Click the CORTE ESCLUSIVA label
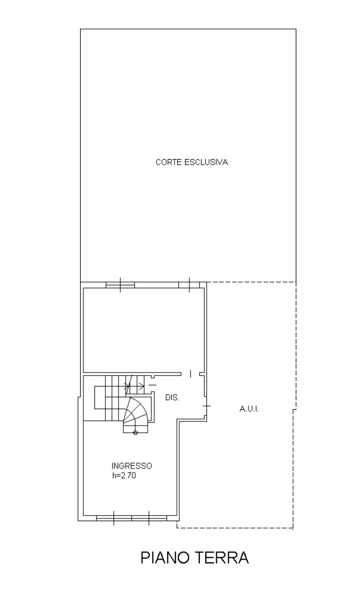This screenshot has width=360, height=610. tap(192, 162)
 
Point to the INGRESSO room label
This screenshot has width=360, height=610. tap(132, 466)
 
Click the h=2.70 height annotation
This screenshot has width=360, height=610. tap(124, 476)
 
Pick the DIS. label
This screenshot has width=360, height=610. tap(172, 398)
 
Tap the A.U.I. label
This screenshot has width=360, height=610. tap(249, 409)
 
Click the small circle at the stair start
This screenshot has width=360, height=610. tap(135, 433)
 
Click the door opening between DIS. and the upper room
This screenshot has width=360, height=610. tap(190, 374)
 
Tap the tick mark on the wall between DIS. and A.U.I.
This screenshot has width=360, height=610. tap(206, 406)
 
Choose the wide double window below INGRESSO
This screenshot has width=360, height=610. tap(132, 518)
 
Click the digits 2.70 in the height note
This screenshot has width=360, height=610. tap(128, 476)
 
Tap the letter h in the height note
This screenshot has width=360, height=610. tap(113, 476)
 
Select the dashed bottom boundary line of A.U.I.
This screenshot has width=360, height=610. tap(235, 528)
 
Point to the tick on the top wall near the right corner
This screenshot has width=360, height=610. tap(189, 284)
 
